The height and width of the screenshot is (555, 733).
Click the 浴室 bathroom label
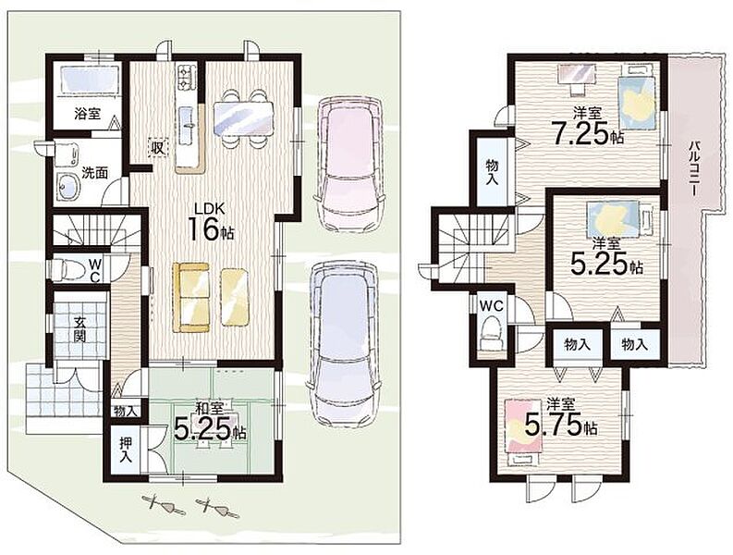[88, 113]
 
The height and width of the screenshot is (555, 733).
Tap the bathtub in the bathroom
[89, 80]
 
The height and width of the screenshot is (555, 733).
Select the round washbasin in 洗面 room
[67, 187]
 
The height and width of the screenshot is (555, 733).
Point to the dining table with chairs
[242, 118]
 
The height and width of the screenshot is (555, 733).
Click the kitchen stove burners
[186, 78]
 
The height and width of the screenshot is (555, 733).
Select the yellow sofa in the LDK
[190, 297]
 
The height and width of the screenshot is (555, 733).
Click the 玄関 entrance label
[79, 328]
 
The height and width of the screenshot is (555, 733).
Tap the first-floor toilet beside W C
[67, 268]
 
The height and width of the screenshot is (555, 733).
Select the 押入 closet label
[125, 450]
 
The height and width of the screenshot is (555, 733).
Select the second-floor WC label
[492, 306]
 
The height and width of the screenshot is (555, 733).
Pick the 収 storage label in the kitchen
[156, 148]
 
